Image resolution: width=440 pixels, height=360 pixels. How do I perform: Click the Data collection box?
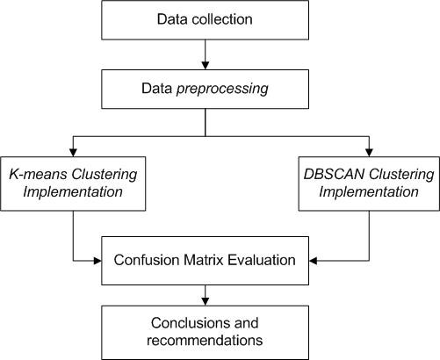[x=205, y=20]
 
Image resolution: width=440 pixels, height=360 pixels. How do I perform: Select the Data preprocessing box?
[x=205, y=90]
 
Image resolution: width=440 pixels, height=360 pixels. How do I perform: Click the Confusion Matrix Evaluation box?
[x=205, y=260]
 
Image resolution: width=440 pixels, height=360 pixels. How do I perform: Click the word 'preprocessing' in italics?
[x=226, y=90]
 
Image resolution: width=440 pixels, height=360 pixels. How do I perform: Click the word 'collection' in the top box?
[x=223, y=20]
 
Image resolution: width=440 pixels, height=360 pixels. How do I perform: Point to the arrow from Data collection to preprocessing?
[x=205, y=54]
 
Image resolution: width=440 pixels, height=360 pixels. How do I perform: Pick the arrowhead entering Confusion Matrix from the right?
[x=314, y=260]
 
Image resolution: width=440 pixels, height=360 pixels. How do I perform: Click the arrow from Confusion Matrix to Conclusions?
[x=205, y=294]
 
